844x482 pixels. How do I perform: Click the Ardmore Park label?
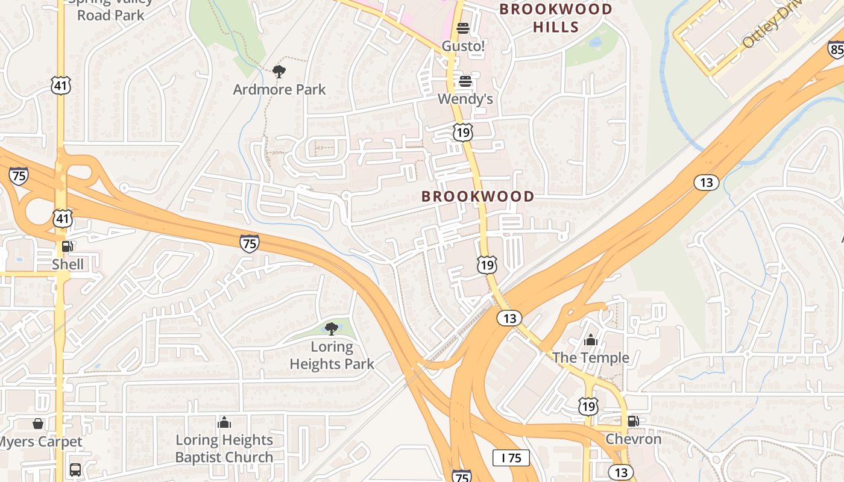coord(279,90)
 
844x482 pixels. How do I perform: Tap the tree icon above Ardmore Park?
coord(279,72)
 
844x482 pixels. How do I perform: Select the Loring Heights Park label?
coord(332,355)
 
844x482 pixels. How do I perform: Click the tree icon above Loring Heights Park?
coord(331,328)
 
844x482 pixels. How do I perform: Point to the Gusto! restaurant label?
coord(463,46)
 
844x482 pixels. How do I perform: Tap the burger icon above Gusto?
coord(463,28)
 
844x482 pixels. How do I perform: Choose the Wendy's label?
coord(465,99)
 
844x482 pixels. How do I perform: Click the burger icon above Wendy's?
coord(465,81)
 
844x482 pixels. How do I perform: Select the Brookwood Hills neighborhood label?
coord(556,18)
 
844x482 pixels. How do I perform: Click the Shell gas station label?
coord(68,264)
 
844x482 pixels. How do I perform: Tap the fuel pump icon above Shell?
coord(68,246)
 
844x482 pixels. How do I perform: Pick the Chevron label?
coord(633,439)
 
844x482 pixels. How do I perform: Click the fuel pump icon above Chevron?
coord(633,421)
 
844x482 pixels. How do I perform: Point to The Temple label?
coord(590,358)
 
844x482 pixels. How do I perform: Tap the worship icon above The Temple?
coord(591,340)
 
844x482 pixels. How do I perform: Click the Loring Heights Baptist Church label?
coord(224,449)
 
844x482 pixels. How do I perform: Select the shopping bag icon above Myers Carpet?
coord(38,424)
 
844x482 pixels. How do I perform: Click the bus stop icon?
coord(75,469)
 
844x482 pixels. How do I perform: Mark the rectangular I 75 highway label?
coord(511,458)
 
